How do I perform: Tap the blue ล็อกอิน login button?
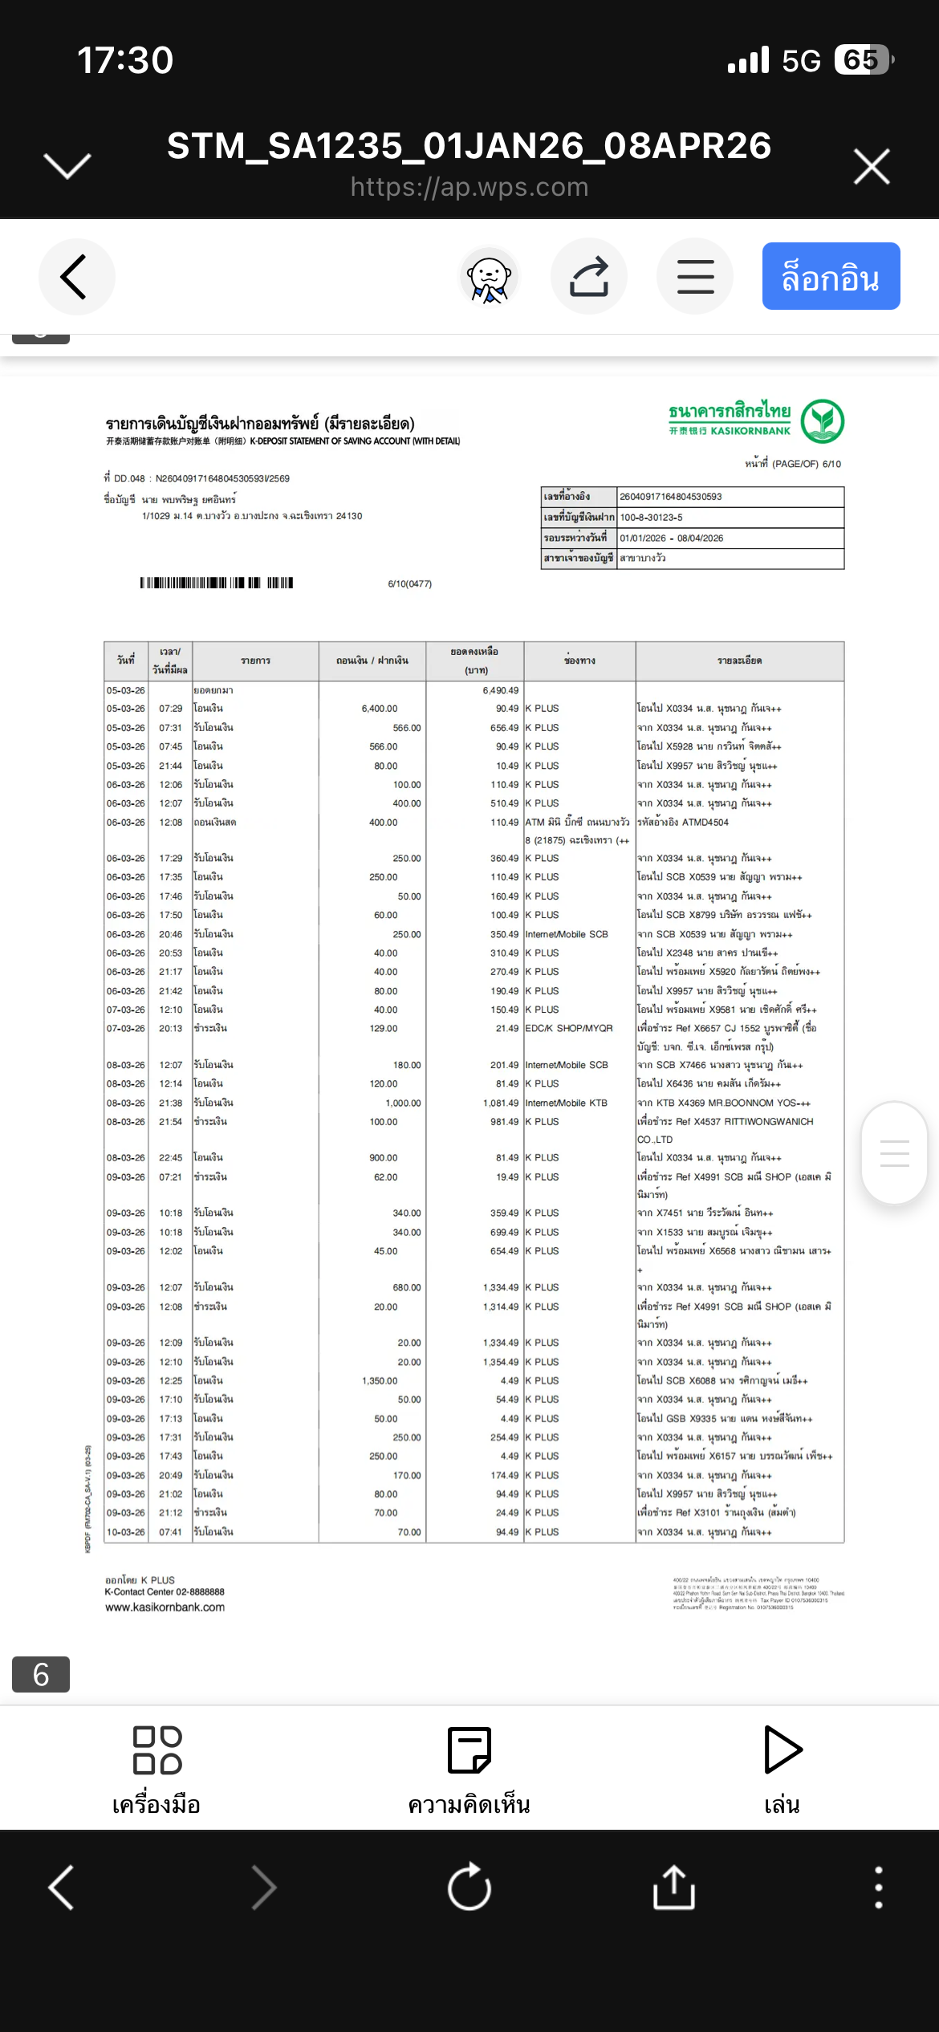pyautogui.click(x=831, y=277)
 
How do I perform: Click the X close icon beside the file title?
pyautogui.click(x=872, y=166)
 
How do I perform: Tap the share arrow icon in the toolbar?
pyautogui.click(x=589, y=277)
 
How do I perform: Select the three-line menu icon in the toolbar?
pyautogui.click(x=695, y=277)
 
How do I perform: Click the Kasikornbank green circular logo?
pyautogui.click(x=823, y=421)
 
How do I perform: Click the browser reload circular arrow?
pyautogui.click(x=469, y=1887)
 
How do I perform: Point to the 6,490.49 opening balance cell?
pyautogui.click(x=500, y=690)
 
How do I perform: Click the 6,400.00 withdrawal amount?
pyautogui.click(x=380, y=709)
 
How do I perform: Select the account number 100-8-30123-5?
pyautogui.click(x=651, y=518)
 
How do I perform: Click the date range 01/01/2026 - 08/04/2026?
pyautogui.click(x=671, y=538)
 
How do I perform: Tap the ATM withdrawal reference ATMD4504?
pyautogui.click(x=705, y=822)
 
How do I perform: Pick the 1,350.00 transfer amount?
pyautogui.click(x=380, y=1380)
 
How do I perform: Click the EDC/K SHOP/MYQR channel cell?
pyautogui.click(x=568, y=1028)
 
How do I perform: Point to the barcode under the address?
pyautogui.click(x=217, y=583)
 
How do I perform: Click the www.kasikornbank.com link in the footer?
pyautogui.click(x=165, y=1607)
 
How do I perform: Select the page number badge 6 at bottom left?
pyautogui.click(x=41, y=1674)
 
